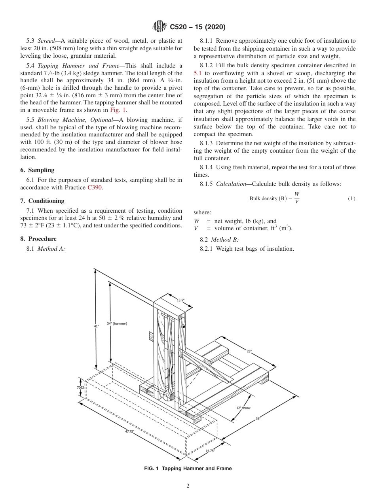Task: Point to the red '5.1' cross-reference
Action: click(x=197, y=73)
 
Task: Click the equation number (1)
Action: click(x=351, y=199)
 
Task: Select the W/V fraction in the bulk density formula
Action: click(x=297, y=198)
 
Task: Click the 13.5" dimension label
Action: click(x=180, y=301)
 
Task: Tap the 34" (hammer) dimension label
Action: click(x=117, y=324)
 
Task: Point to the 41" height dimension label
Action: click(x=96, y=326)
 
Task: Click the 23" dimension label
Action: click(x=249, y=351)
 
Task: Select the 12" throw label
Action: click(x=243, y=408)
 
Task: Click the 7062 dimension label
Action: click(x=80, y=388)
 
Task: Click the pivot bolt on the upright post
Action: click(x=183, y=326)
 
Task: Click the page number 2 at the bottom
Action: click(x=188, y=486)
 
